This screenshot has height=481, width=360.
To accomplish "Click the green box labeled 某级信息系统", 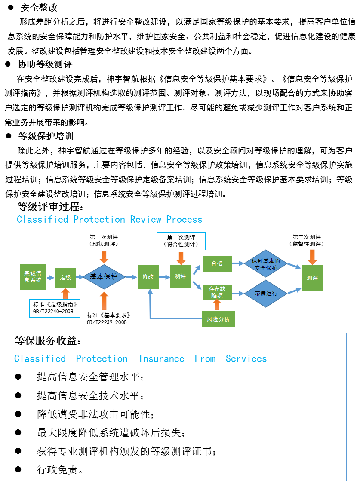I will click(33, 277).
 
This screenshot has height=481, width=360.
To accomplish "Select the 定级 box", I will click(65, 278).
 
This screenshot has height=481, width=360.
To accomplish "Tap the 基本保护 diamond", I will click(104, 277).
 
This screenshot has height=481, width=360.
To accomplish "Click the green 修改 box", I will click(148, 277).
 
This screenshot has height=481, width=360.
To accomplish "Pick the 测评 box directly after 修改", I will click(180, 276).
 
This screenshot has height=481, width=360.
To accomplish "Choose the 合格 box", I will click(217, 263).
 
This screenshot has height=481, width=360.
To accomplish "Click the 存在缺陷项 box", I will click(217, 292).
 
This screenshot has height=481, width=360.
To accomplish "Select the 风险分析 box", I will click(218, 319).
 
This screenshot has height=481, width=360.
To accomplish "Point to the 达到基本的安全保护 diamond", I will click(265, 264).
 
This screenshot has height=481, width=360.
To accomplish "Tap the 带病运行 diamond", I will click(265, 294).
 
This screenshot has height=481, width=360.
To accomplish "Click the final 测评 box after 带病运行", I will click(312, 278).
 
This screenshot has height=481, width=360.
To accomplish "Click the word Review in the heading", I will click(145, 219).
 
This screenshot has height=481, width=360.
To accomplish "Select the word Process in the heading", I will click(184, 219).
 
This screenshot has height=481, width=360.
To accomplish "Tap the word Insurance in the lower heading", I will click(161, 359).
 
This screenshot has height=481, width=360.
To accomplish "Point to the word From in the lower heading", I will click(205, 359).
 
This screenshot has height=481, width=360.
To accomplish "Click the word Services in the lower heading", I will click(246, 359).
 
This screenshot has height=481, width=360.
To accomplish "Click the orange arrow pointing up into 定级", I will click(65, 294).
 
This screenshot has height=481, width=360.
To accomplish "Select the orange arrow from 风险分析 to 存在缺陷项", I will click(217, 305).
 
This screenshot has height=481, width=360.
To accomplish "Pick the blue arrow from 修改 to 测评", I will click(164, 277).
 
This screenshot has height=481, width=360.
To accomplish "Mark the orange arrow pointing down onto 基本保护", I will click(104, 257).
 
